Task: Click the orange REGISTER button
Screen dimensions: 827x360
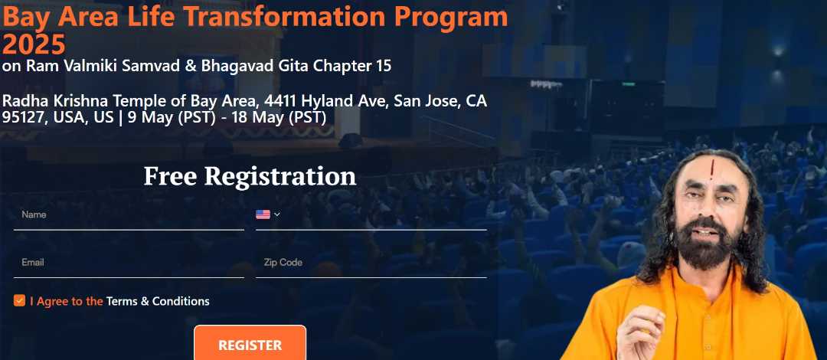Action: tap(250, 343)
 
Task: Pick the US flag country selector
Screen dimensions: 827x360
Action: tap(263, 214)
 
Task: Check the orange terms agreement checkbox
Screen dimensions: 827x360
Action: tap(19, 301)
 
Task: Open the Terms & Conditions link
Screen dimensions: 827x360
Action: tap(158, 302)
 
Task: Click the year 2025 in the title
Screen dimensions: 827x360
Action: tap(34, 44)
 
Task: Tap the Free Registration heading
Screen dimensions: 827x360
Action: tap(250, 175)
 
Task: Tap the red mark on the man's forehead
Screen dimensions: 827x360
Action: tap(711, 170)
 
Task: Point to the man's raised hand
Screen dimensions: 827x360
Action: tap(641, 332)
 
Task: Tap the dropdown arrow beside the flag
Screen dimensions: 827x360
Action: tap(277, 214)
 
